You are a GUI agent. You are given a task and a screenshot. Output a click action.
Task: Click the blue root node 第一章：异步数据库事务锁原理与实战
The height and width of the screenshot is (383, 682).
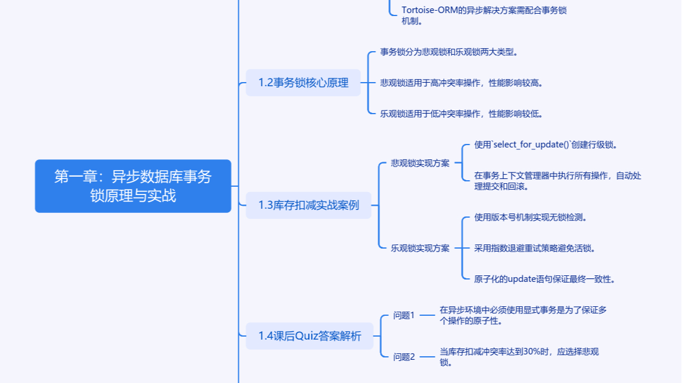click(x=133, y=186)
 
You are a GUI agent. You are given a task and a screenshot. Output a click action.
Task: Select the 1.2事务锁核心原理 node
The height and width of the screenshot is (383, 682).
click(x=303, y=83)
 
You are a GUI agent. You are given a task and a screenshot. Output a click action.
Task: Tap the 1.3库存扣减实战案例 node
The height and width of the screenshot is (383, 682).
click(x=309, y=205)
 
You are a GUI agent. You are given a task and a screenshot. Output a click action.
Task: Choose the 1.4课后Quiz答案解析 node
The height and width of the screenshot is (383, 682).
click(x=310, y=336)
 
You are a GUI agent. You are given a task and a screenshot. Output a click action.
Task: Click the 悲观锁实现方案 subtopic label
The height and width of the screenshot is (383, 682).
click(x=420, y=163)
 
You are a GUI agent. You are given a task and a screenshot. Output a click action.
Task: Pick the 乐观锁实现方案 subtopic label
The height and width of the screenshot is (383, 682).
click(x=420, y=248)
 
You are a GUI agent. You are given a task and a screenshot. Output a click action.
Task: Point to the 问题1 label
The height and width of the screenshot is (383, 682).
click(x=403, y=315)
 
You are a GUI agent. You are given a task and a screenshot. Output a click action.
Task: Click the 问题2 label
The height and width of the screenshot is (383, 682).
click(x=403, y=357)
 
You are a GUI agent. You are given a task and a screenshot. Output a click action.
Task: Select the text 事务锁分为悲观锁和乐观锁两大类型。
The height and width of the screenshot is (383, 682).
click(x=449, y=52)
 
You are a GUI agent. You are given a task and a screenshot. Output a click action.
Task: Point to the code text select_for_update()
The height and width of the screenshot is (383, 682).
click(x=529, y=145)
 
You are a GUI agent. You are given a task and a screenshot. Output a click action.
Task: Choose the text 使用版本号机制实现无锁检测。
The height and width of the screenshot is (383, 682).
click(x=531, y=217)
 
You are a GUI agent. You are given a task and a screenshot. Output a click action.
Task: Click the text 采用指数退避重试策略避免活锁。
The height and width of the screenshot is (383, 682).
click(x=535, y=248)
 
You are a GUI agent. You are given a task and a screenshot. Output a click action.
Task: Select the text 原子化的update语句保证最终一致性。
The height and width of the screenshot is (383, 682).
click(x=544, y=279)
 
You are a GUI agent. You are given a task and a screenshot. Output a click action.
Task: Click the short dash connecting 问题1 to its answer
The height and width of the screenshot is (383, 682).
click(x=426, y=315)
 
